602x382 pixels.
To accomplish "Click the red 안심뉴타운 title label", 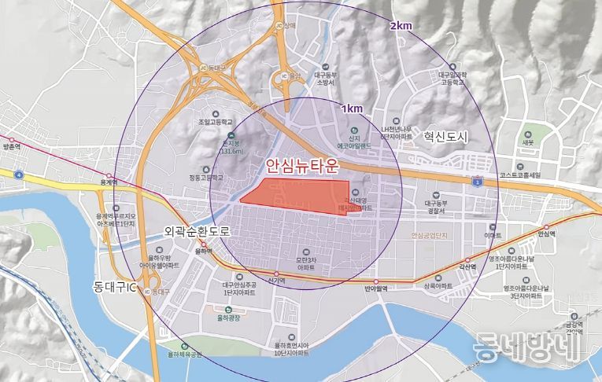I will point(301,166).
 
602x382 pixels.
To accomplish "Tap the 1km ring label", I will point(353,108).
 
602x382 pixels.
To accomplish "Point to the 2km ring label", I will point(401,26).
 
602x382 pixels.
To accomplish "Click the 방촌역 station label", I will point(11,147).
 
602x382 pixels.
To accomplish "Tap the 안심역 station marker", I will point(542,226).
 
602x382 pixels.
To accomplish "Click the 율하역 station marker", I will point(204,244).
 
